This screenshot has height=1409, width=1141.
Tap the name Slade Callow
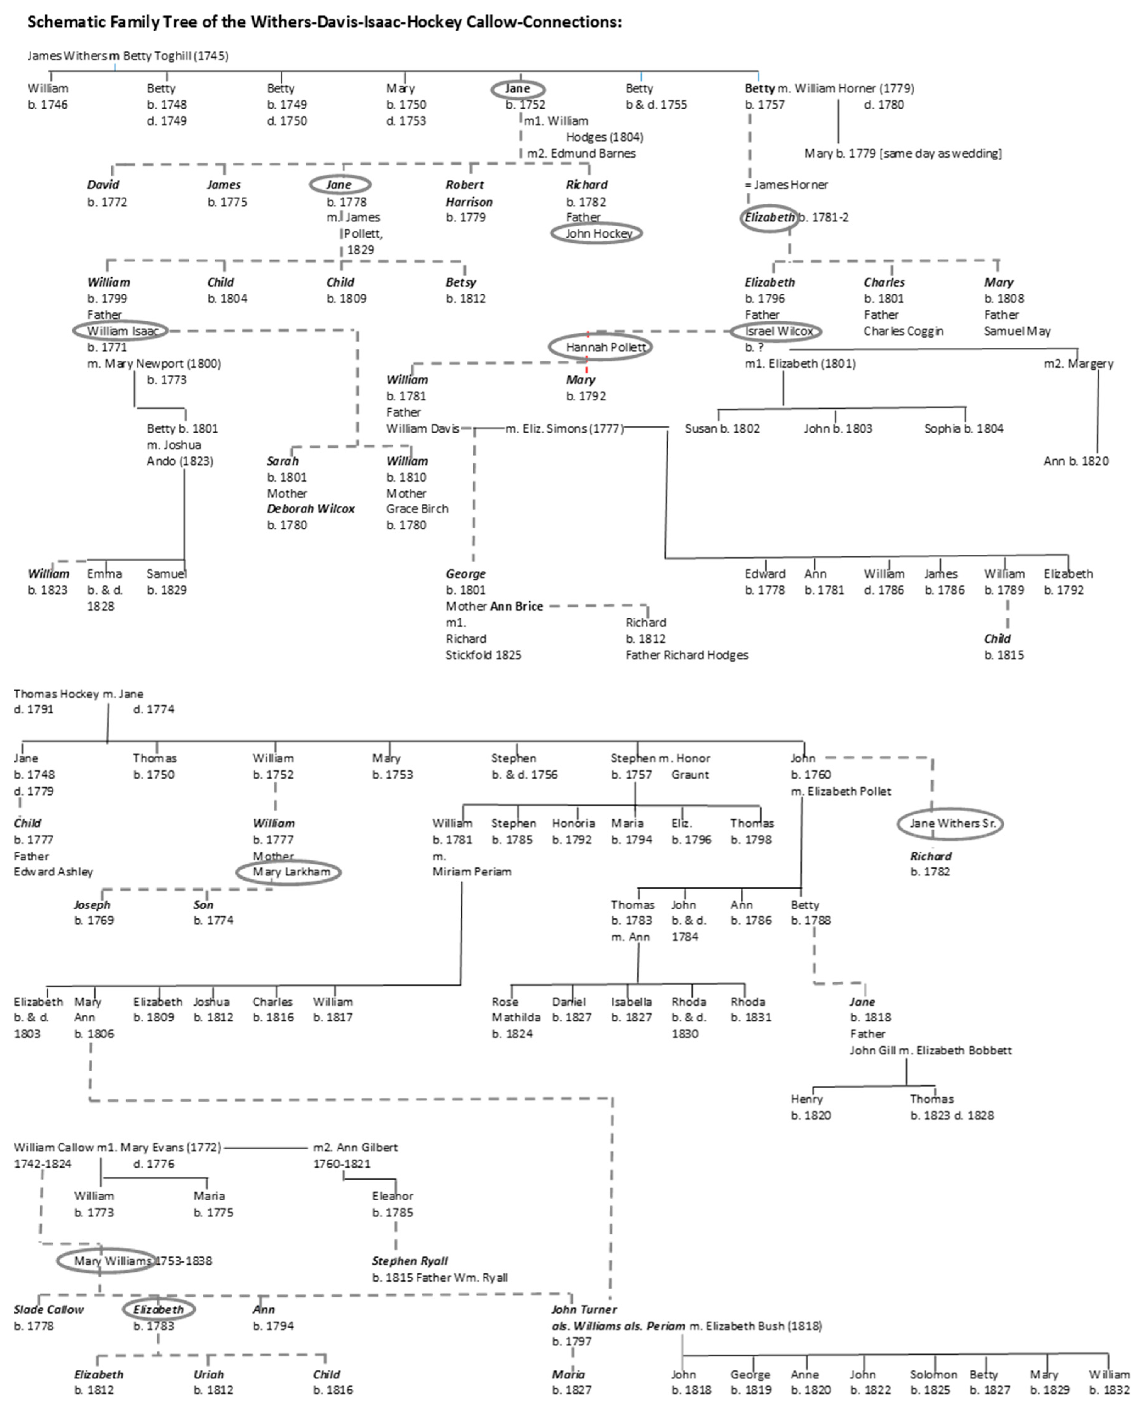coord(49,1309)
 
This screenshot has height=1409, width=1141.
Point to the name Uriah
coord(208,1374)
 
